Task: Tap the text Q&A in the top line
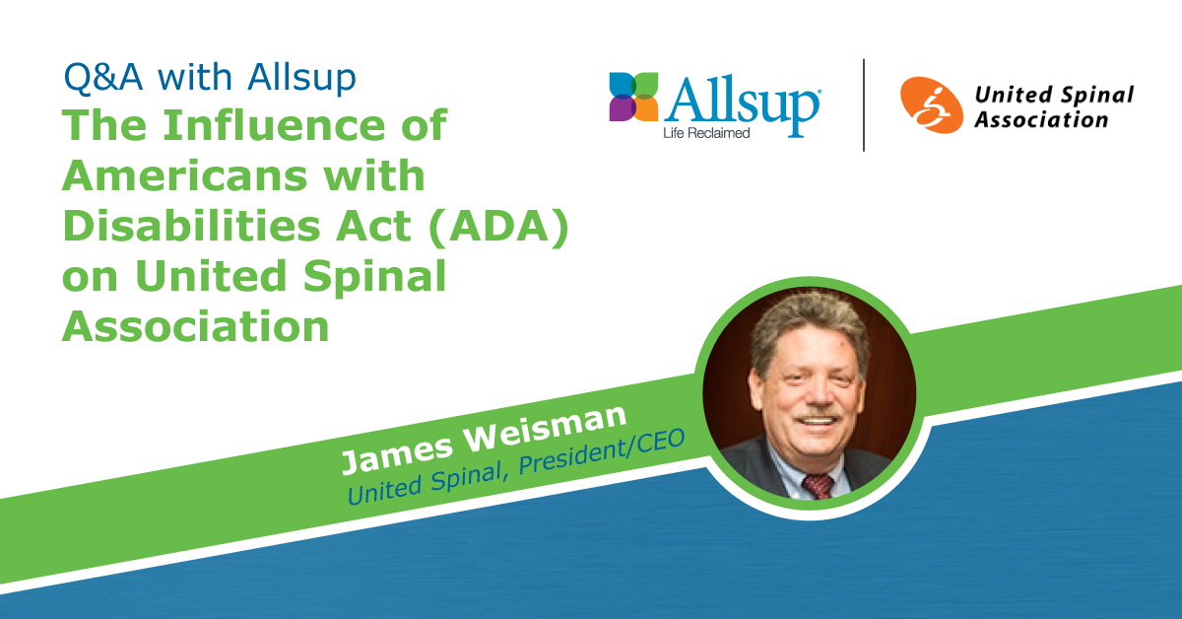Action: point(103,78)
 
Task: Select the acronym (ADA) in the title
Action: point(498,227)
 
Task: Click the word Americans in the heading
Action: point(185,175)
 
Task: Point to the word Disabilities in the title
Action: point(191,226)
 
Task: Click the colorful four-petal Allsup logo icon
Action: point(633,97)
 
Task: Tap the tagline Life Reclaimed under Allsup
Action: point(706,133)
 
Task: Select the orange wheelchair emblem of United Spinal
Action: point(932,105)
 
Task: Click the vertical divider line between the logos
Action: point(864,105)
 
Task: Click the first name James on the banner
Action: point(397,454)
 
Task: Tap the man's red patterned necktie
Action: point(818,486)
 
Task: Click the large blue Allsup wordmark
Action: point(742,105)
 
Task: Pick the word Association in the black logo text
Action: point(1041,120)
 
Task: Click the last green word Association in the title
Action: point(196,327)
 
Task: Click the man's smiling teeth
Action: point(818,422)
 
